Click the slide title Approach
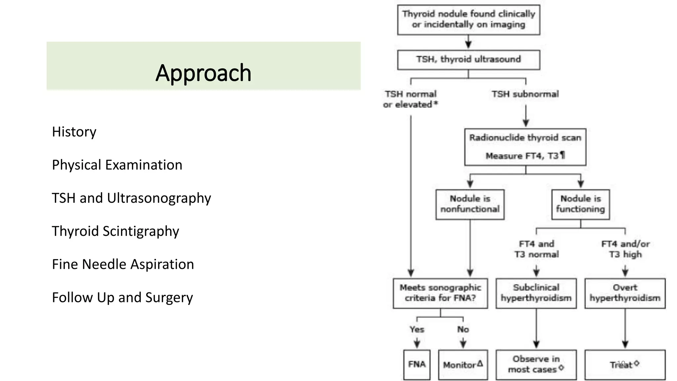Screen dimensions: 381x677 (203, 73)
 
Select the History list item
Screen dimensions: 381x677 (74, 132)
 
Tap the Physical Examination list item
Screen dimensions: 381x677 (117, 165)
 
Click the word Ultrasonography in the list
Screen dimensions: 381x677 (159, 198)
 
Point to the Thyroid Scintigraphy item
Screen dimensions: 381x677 (115, 231)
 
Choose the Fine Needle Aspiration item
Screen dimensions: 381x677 (123, 264)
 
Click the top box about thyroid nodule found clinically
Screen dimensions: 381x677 (468, 20)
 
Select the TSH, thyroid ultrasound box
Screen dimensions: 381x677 (468, 60)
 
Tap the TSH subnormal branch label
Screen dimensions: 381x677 (525, 94)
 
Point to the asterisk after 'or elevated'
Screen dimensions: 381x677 (436, 104)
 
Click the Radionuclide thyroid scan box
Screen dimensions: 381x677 (525, 147)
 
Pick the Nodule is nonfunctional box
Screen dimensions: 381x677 (470, 204)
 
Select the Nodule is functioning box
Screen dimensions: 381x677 (580, 204)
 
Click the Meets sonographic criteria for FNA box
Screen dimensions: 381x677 (440, 293)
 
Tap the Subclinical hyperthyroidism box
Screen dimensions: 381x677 (536, 293)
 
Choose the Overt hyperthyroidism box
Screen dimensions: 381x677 (625, 293)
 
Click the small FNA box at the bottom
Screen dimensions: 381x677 (417, 364)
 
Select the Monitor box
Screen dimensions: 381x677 (463, 365)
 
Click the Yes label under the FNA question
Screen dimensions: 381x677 (417, 329)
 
